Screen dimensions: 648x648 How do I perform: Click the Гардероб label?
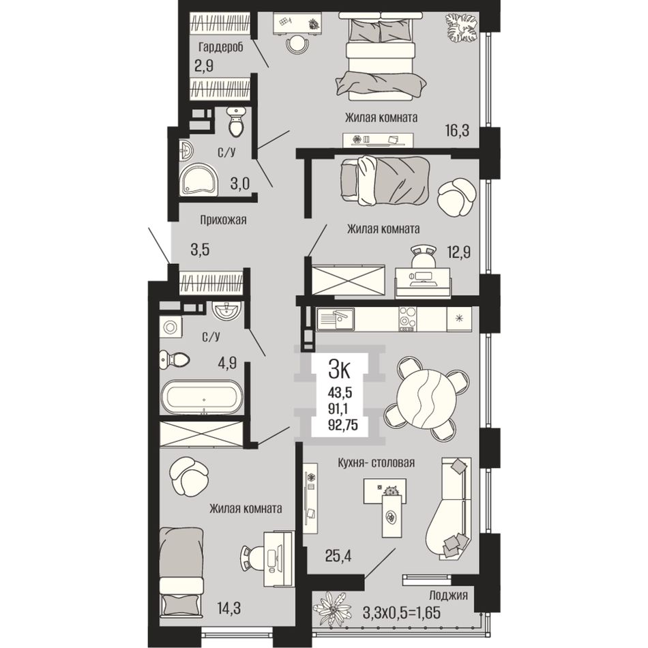[x=221, y=46]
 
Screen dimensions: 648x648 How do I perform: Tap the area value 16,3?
[x=457, y=131]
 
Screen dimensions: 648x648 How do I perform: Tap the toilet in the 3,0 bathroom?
[x=237, y=121]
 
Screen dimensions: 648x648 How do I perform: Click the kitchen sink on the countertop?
[x=336, y=319]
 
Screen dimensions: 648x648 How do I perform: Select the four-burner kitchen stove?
[x=408, y=319]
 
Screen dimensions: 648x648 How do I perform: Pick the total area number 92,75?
[x=342, y=424]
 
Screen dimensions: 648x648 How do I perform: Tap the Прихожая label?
[x=223, y=220]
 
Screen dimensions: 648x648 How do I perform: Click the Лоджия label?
[x=448, y=595]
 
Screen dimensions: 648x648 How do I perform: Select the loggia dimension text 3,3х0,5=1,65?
[x=401, y=612]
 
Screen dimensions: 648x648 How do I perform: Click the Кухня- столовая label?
[x=376, y=462]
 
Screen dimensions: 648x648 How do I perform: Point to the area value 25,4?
[x=338, y=556]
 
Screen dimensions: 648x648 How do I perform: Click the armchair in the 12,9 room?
[x=456, y=196]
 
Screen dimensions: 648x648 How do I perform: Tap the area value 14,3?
[x=229, y=608]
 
